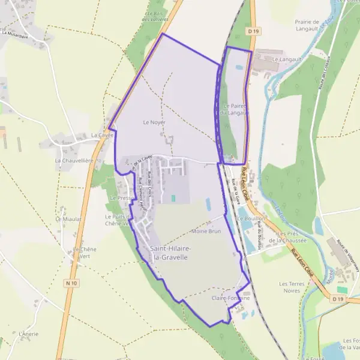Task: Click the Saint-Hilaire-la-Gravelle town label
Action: pos(171,253)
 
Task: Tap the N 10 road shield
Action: pos(72,283)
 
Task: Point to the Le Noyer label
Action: pos(154,122)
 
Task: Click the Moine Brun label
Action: pos(206,231)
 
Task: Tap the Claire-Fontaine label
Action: pos(230,298)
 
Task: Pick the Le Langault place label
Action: pos(285,59)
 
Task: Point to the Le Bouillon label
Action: pos(251,219)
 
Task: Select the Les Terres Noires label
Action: pos(292,287)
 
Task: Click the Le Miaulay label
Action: pos(68,219)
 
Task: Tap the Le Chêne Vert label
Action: pos(84,253)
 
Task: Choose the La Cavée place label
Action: pos(102,136)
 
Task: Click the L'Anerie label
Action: pos(29,334)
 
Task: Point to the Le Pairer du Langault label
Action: pos(235,109)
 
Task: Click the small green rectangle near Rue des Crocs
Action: pos(173,198)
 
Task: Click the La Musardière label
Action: pos(15,34)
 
